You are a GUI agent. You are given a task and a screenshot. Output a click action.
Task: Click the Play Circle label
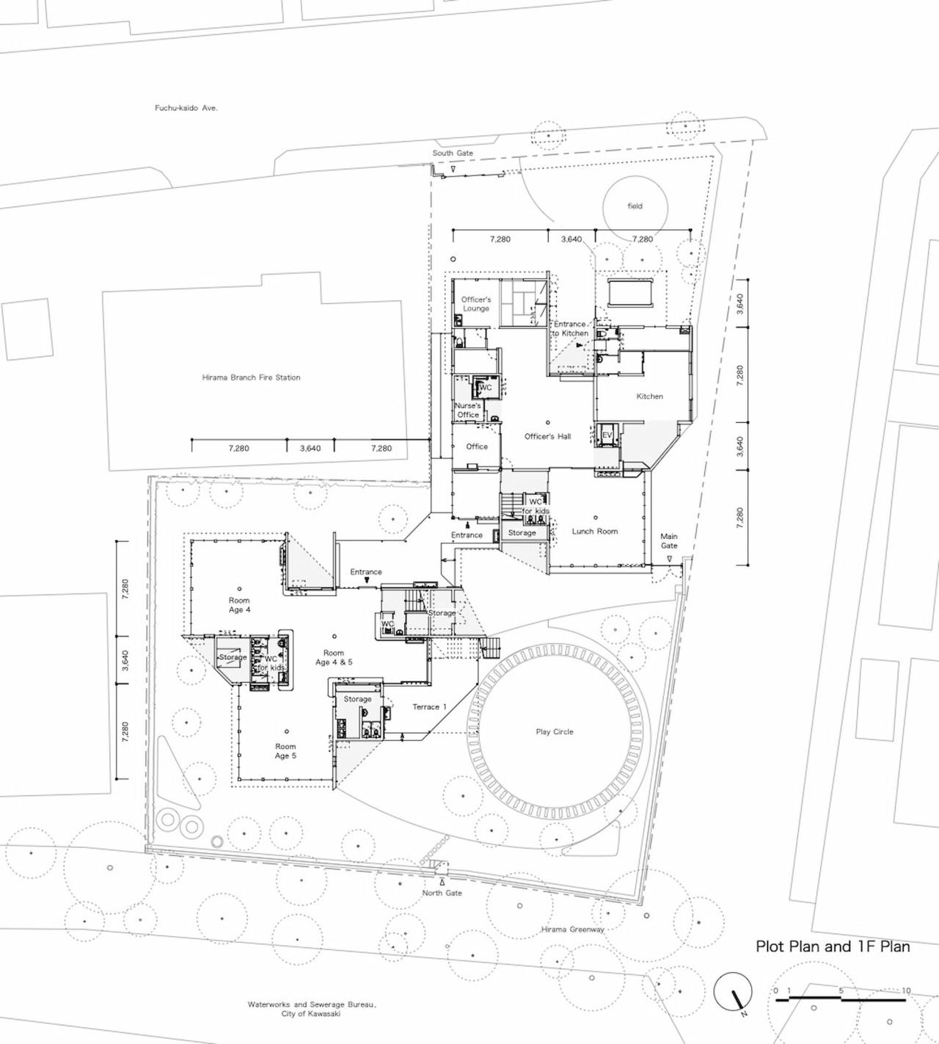coord(555,732)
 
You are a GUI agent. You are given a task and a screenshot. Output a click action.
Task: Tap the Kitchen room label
coord(649,396)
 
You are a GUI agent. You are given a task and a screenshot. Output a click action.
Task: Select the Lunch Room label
coord(595,531)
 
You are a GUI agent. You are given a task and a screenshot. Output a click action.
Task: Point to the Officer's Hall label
coord(547,437)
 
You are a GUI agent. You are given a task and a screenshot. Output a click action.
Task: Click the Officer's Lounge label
coord(476,304)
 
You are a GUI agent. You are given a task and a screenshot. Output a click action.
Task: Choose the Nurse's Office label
coord(468,410)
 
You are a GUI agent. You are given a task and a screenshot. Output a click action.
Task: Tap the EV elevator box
coord(607,435)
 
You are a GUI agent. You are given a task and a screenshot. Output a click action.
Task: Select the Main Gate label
coord(668,541)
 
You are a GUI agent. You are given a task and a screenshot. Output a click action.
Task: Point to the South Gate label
coord(453,153)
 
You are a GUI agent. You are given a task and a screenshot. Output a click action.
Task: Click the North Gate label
coord(442,893)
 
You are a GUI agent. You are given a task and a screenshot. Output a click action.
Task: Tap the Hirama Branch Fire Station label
coord(251,377)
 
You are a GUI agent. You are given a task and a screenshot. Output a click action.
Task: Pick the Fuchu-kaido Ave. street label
coord(186,108)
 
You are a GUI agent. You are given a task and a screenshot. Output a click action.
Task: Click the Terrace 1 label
coord(429,707)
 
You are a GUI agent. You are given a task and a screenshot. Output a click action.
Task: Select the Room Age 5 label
coord(285,751)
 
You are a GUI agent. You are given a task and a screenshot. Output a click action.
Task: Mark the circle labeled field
coord(635,206)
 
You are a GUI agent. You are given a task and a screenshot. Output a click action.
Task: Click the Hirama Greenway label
coord(573,929)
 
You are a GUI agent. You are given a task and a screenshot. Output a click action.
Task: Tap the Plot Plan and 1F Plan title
coord(833,946)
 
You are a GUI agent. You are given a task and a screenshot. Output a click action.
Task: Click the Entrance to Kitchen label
coord(570,328)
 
